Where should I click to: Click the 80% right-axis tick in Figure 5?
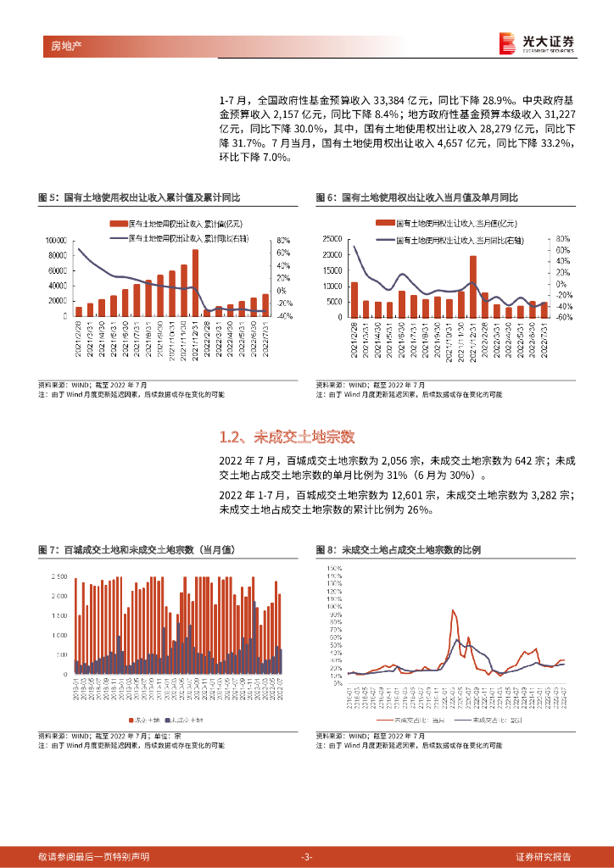click(x=284, y=240)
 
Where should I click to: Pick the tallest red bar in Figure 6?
click(x=473, y=287)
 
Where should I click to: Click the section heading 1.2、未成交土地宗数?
click(x=287, y=437)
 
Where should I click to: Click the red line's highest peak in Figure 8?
click(x=454, y=610)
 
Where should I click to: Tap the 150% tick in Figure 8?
click(x=333, y=566)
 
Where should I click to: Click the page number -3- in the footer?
click(x=307, y=857)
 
